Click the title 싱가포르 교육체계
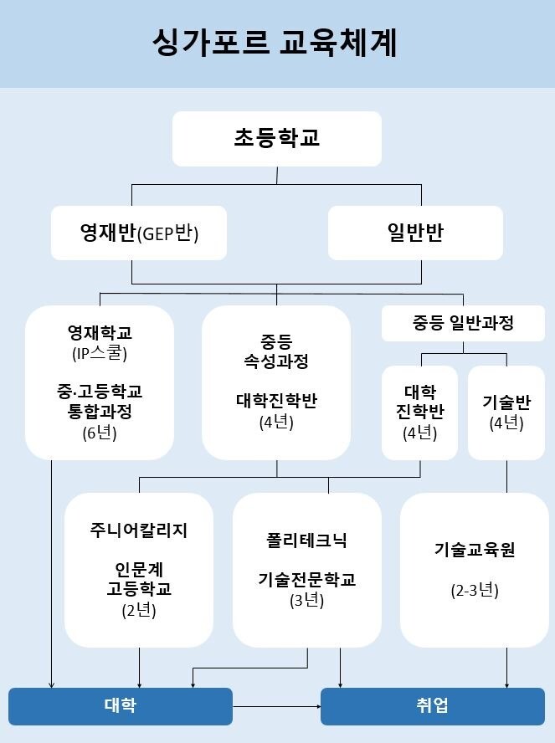click(275, 43)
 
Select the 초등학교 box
click(277, 138)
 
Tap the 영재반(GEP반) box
click(138, 233)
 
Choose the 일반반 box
click(415, 233)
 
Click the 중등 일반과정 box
click(463, 323)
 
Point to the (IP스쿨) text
click(100, 353)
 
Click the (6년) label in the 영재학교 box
click(100, 433)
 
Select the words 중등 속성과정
click(276, 351)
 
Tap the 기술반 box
click(506, 412)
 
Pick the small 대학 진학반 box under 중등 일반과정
click(419, 412)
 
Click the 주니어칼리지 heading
click(139, 530)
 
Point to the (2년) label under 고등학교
click(139, 610)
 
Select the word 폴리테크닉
click(306, 541)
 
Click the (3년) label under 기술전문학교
click(306, 601)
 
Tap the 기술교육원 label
click(475, 550)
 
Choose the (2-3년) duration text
click(475, 591)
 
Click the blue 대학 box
click(121, 706)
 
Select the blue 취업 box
click(433, 706)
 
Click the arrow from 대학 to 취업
click(277, 706)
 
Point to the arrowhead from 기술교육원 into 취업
click(506, 684)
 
